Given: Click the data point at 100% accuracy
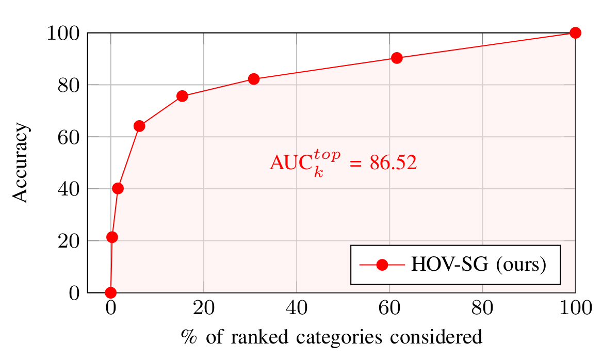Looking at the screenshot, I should click(575, 33).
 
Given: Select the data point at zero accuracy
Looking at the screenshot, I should click(110, 292).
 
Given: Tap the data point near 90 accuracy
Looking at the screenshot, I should click(397, 58).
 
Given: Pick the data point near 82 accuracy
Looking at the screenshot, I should click(253, 79).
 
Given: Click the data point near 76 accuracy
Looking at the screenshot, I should click(182, 96).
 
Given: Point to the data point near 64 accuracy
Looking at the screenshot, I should click(139, 126).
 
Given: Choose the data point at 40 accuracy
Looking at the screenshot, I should click(118, 188).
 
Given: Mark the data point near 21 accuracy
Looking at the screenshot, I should click(112, 237).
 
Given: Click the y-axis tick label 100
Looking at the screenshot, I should click(63, 34).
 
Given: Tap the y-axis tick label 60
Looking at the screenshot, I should click(69, 137).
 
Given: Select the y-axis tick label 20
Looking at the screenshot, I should click(69, 241).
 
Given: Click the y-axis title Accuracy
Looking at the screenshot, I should click(21, 163).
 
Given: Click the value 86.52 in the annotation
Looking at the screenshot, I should click(393, 163).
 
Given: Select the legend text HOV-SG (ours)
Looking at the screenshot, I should click(478, 265).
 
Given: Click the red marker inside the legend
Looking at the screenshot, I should click(382, 265).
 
